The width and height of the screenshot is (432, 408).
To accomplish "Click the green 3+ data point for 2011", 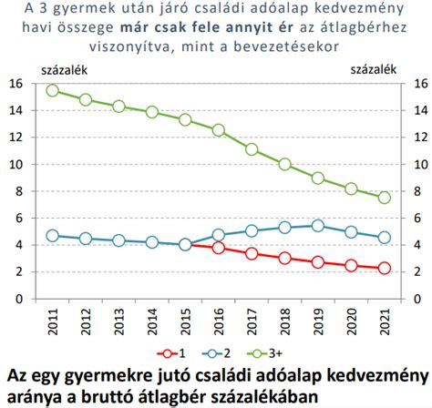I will click(x=52, y=90).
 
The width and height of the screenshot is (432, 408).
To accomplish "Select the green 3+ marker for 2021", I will click(x=384, y=198).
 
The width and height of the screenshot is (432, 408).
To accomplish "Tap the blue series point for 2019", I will click(x=317, y=225).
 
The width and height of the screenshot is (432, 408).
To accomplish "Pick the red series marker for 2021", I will click(x=384, y=268).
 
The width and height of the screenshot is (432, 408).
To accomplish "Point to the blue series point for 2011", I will click(x=52, y=235).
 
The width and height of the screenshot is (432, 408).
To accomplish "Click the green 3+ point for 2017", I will click(x=252, y=149).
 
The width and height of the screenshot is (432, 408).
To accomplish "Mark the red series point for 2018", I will click(x=284, y=259).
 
